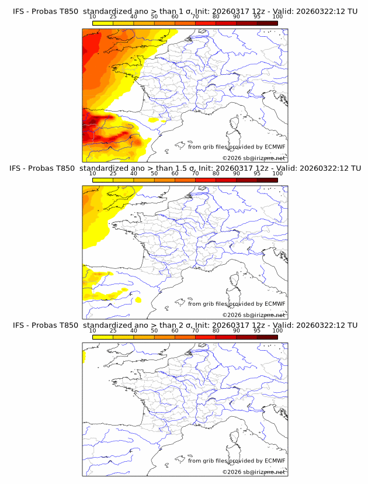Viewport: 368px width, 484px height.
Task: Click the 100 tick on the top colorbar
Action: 277,16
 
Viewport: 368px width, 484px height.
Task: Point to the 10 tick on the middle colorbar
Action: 93,173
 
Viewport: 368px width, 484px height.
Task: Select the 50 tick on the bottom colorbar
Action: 154,330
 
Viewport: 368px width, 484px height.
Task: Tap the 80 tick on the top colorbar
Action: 216,16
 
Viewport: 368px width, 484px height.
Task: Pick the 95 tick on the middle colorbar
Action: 257,173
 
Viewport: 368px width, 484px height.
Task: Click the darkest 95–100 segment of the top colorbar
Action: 267,23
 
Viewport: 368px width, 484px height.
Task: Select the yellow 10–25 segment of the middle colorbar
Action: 103,180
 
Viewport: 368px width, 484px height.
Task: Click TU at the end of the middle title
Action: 352,168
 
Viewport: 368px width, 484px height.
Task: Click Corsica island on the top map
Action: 236,123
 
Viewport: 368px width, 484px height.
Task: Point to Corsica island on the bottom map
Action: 236,438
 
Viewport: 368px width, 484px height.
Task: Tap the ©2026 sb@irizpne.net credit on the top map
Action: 254,158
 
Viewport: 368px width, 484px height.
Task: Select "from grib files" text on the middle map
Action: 208,304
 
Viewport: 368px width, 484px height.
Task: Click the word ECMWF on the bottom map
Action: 275,461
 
